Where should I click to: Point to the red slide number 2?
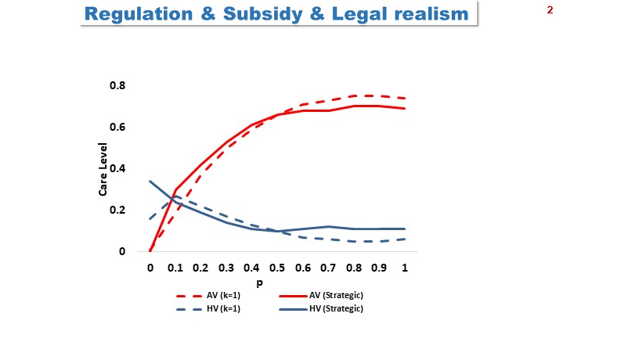point(550,11)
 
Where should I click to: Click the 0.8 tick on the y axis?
point(117,85)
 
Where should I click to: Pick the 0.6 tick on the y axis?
point(117,127)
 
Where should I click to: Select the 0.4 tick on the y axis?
point(117,168)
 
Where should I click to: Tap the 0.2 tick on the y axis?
point(117,210)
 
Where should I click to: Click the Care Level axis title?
point(103,168)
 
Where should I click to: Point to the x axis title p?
point(278,283)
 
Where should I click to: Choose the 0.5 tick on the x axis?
point(277,268)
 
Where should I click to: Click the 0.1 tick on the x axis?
point(175,268)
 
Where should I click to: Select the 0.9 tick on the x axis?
point(379,268)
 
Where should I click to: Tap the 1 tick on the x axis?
point(405,268)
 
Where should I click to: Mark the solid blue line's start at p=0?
point(150,182)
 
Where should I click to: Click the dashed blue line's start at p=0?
point(150,218)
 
